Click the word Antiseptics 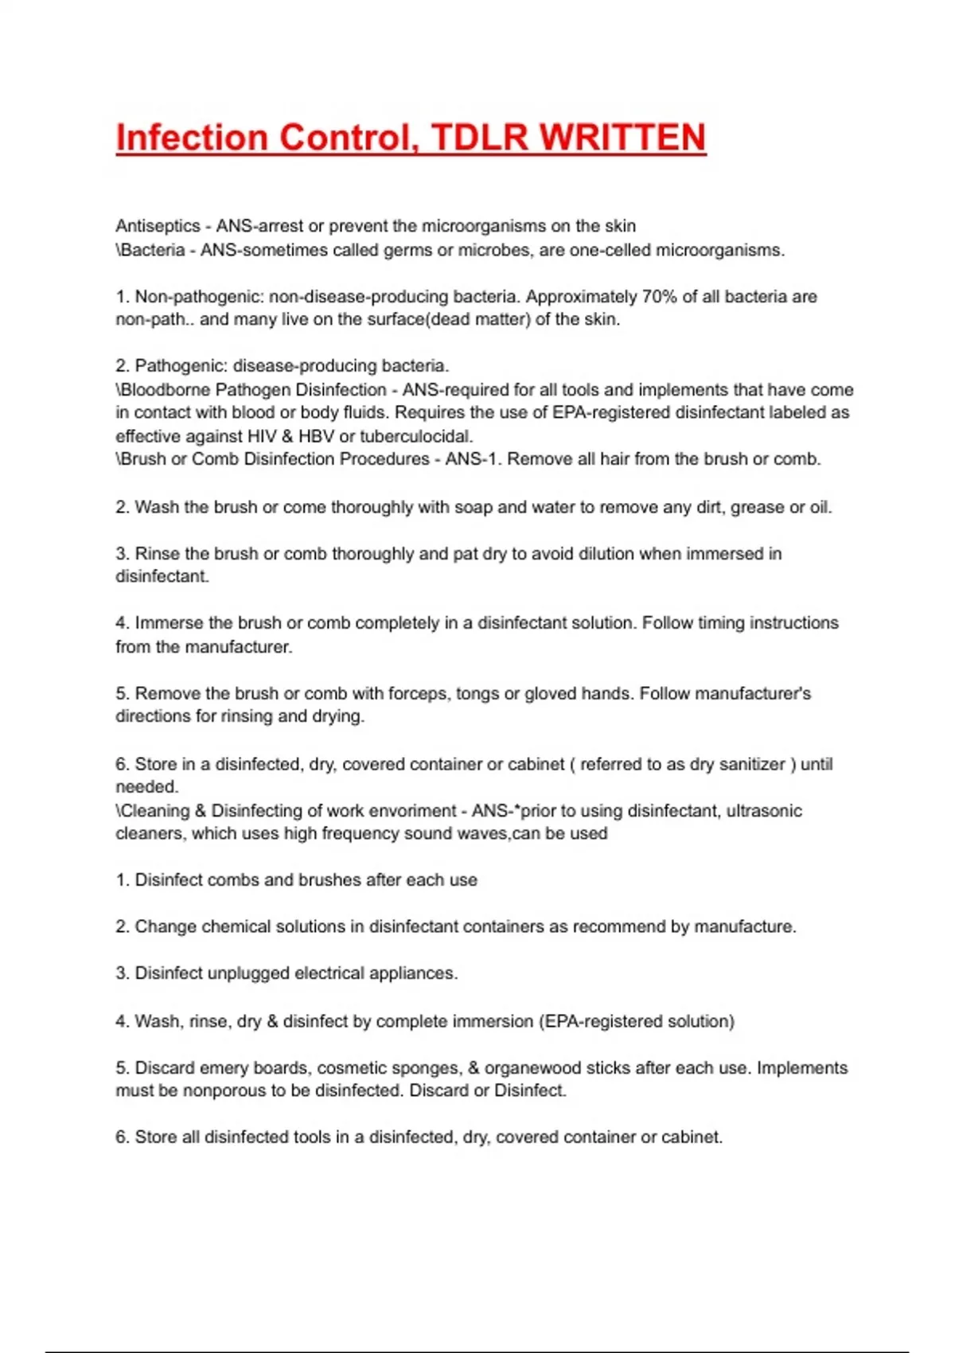(158, 226)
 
